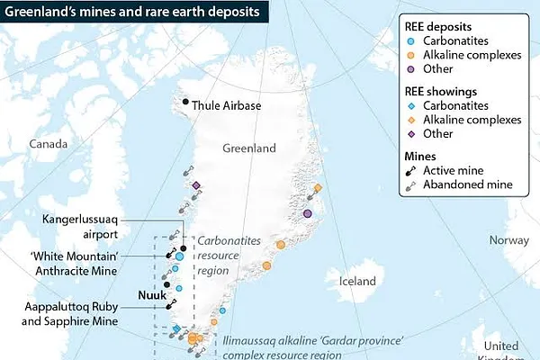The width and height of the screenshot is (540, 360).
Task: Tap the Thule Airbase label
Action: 227,105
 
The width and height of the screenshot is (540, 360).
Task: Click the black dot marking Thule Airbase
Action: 186,101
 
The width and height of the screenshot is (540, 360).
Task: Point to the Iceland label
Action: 356,281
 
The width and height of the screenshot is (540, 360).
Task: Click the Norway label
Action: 508,240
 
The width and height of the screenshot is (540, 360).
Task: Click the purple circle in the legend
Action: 410,72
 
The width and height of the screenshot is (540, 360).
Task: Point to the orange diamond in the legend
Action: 410,118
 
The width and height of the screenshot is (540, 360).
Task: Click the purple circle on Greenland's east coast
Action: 307,213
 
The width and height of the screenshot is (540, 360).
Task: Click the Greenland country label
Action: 250,148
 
